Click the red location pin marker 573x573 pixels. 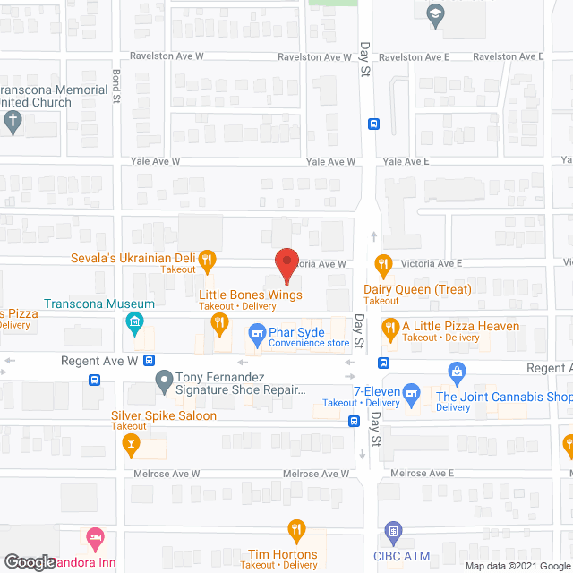(286, 265)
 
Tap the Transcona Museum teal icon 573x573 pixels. (134, 321)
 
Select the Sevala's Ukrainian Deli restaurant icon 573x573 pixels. (207, 261)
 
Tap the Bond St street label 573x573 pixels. (115, 86)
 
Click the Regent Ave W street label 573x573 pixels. (98, 361)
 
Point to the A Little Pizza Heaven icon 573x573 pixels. (389, 329)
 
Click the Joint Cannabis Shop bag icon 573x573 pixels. (456, 370)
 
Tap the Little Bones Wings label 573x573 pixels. (250, 295)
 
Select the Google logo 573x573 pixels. (29, 562)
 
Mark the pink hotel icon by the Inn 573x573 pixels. (94, 538)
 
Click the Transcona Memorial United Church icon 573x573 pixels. (12, 122)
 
